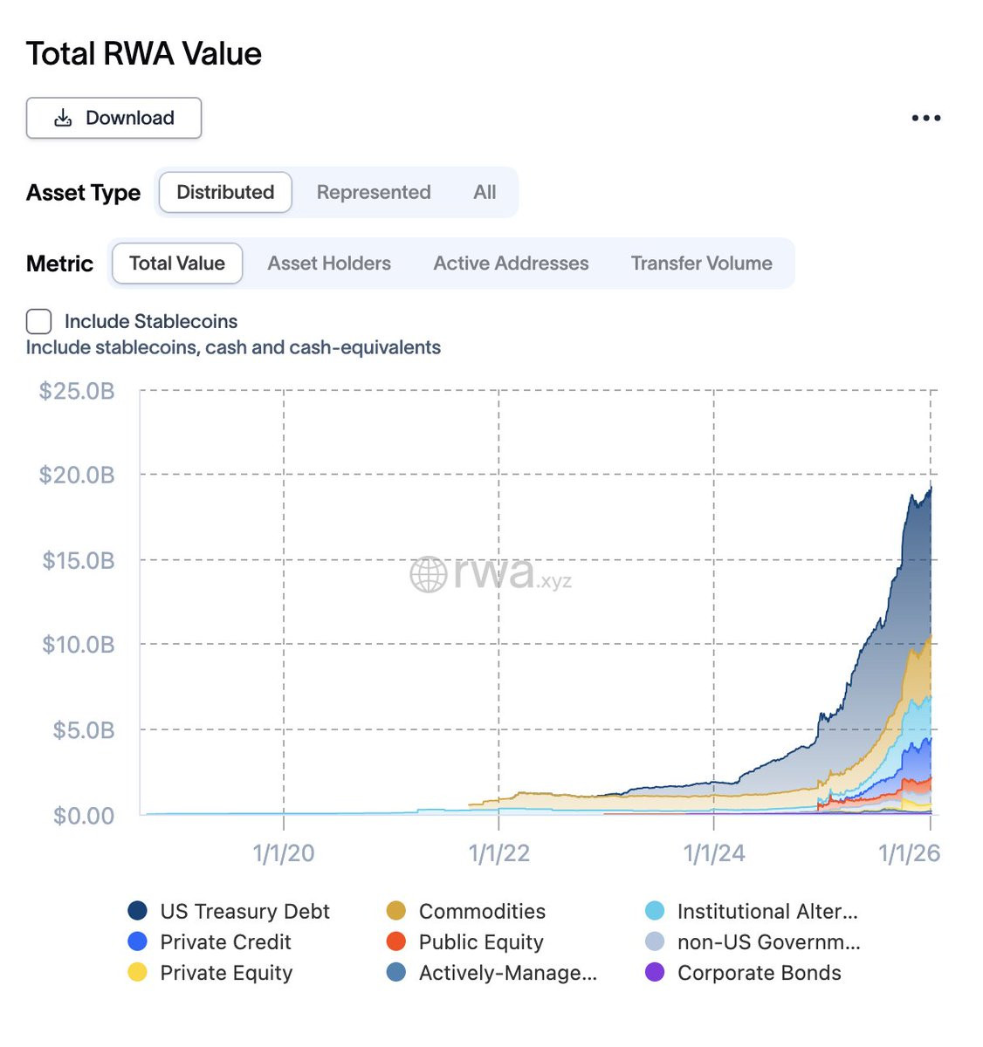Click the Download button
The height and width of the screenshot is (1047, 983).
point(113,118)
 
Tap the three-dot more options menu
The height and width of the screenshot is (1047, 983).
point(925,118)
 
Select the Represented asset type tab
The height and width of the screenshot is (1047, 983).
point(373,192)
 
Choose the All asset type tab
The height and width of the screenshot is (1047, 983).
point(484,192)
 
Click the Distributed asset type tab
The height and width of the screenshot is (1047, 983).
point(225,192)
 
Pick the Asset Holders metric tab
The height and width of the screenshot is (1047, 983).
point(329,263)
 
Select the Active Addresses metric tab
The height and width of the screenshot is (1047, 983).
point(510,263)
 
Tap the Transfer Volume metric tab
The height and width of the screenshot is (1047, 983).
point(701,263)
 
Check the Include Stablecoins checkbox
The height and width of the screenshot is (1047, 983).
point(38,321)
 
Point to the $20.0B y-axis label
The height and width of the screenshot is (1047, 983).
point(77,475)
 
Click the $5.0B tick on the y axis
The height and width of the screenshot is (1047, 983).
point(83,729)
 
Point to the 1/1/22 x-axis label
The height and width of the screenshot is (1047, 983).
point(498,853)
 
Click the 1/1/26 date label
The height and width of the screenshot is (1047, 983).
point(909,853)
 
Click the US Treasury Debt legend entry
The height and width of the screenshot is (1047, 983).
point(229,911)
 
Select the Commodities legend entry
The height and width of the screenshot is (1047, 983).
point(465,911)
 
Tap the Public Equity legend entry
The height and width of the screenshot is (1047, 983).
point(464,941)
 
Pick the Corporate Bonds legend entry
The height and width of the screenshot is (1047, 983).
point(743,972)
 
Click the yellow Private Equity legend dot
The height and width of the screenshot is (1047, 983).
point(137,972)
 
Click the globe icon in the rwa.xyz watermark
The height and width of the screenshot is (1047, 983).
point(428,574)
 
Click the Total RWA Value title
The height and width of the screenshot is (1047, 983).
point(143,53)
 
